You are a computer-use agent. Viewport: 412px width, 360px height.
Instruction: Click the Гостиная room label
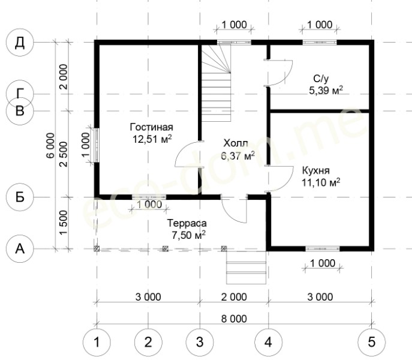tap(152, 127)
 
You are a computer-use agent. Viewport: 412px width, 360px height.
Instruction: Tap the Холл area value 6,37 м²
tap(238, 155)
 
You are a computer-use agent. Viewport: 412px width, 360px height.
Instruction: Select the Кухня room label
tap(316, 170)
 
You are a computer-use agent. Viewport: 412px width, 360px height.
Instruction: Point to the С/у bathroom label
tap(321, 79)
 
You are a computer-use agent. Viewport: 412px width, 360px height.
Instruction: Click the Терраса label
tap(187, 223)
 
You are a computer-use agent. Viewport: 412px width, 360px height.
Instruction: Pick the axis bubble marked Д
tap(20, 43)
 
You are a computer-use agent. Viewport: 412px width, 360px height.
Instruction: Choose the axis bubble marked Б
tap(20, 197)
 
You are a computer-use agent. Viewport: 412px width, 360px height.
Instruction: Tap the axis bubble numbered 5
tap(372, 342)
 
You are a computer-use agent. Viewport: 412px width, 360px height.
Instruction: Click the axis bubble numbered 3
tap(200, 342)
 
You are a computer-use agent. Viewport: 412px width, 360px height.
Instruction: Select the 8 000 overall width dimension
tap(234, 319)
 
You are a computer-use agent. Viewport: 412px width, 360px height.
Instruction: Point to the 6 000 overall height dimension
tap(50, 145)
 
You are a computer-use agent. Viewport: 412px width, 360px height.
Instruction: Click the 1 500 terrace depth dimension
tap(64, 223)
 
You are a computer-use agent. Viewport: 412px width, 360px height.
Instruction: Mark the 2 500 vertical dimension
tap(64, 154)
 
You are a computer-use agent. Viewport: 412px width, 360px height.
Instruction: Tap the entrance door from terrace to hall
tap(234, 209)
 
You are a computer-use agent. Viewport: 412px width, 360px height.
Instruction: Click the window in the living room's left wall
tap(97, 145)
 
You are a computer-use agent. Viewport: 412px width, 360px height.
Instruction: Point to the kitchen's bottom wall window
tap(323, 248)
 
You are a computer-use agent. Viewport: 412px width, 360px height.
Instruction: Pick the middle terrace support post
tap(166, 248)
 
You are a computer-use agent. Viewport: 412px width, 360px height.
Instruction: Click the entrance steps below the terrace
tap(246, 268)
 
